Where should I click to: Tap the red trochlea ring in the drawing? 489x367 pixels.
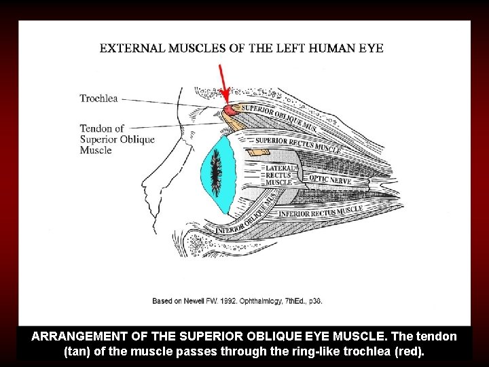click(x=230, y=109)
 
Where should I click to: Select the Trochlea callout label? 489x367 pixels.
click(x=98, y=99)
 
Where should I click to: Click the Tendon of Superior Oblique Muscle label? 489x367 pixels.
click(x=117, y=139)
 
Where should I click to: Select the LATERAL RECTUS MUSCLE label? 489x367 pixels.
click(x=280, y=175)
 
